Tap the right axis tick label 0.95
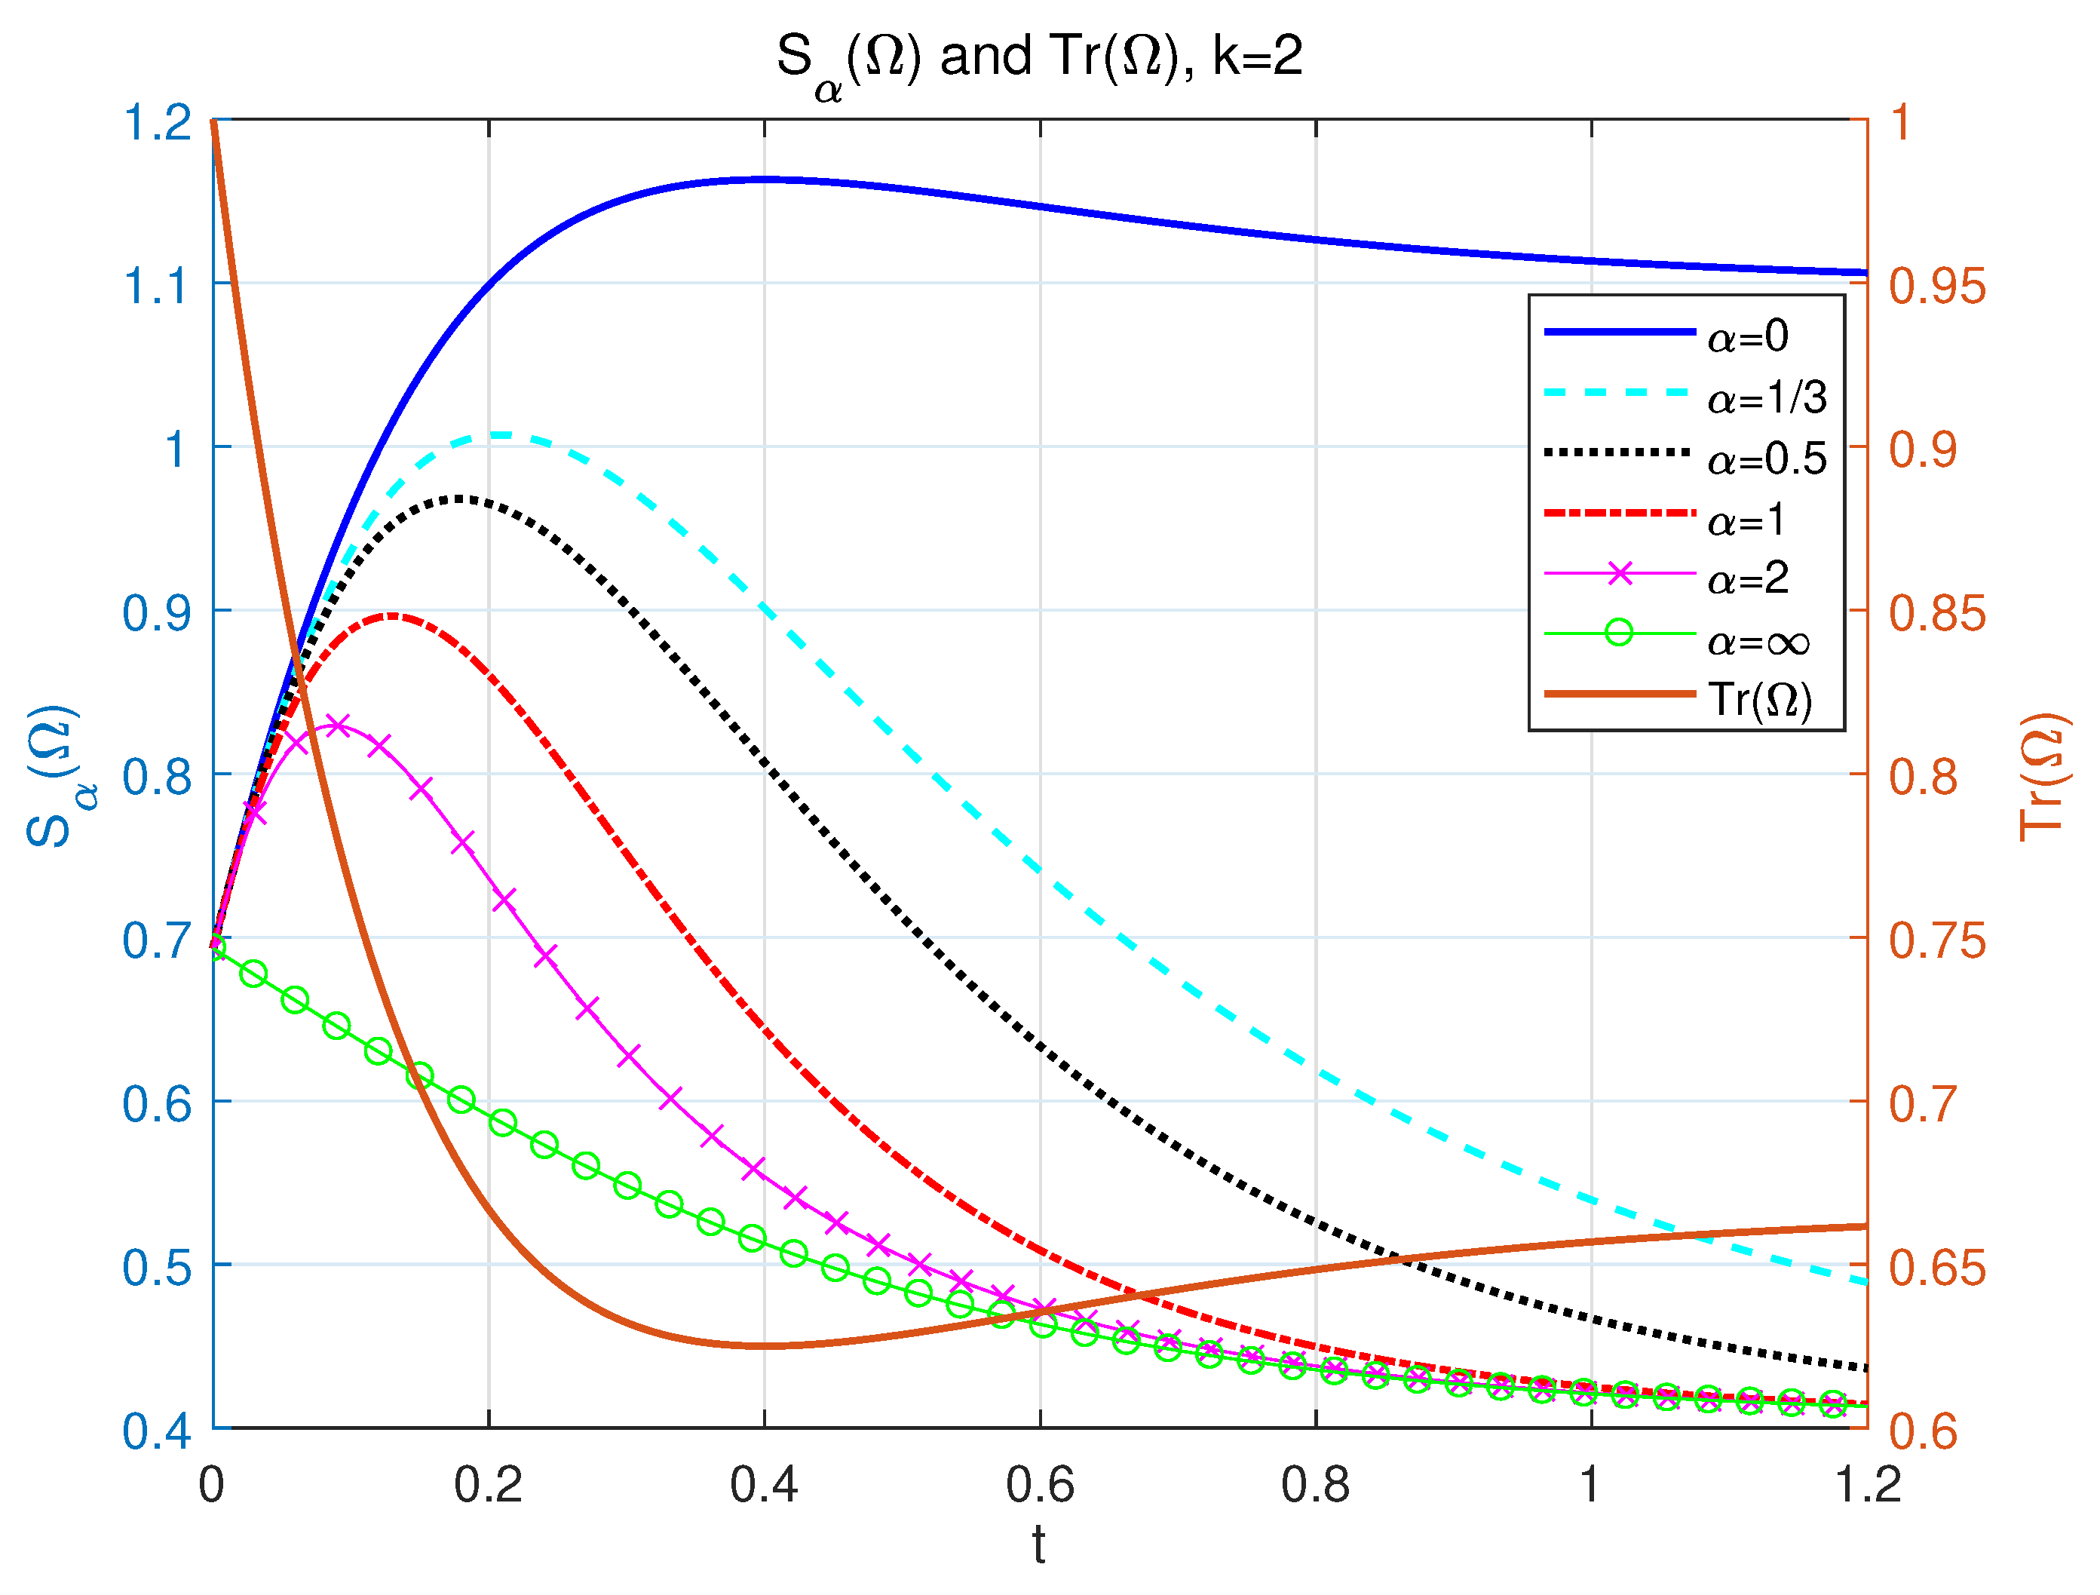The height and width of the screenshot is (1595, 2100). [x=1936, y=285]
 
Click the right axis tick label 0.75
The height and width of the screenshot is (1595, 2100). [x=1936, y=940]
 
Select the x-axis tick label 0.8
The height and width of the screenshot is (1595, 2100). [x=1316, y=1486]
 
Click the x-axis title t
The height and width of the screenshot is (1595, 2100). [x=1040, y=1547]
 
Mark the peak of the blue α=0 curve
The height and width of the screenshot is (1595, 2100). [x=765, y=179]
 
